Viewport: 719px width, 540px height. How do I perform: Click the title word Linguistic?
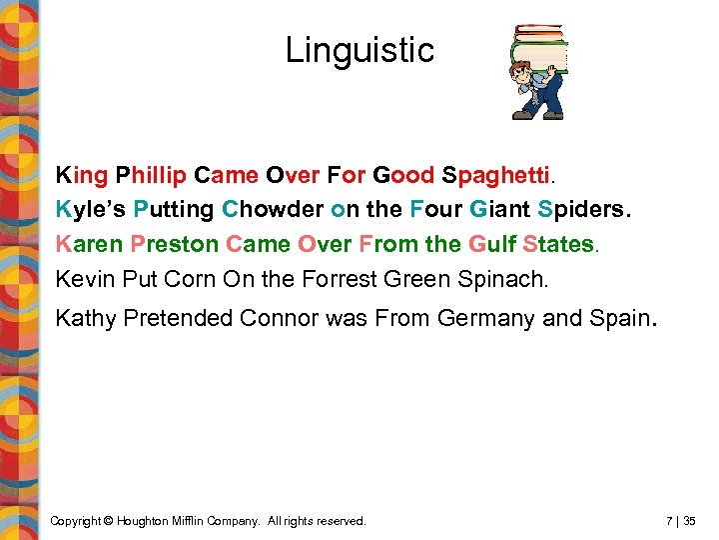[x=359, y=50]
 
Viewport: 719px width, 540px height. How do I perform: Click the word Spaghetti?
[x=496, y=176]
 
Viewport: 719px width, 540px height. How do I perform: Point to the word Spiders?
[x=584, y=210]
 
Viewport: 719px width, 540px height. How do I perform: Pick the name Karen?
[x=87, y=244]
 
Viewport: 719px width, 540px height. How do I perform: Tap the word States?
[x=558, y=244]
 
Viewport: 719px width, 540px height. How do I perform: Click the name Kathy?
[x=87, y=320]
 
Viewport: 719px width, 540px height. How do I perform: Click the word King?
[x=82, y=176]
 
